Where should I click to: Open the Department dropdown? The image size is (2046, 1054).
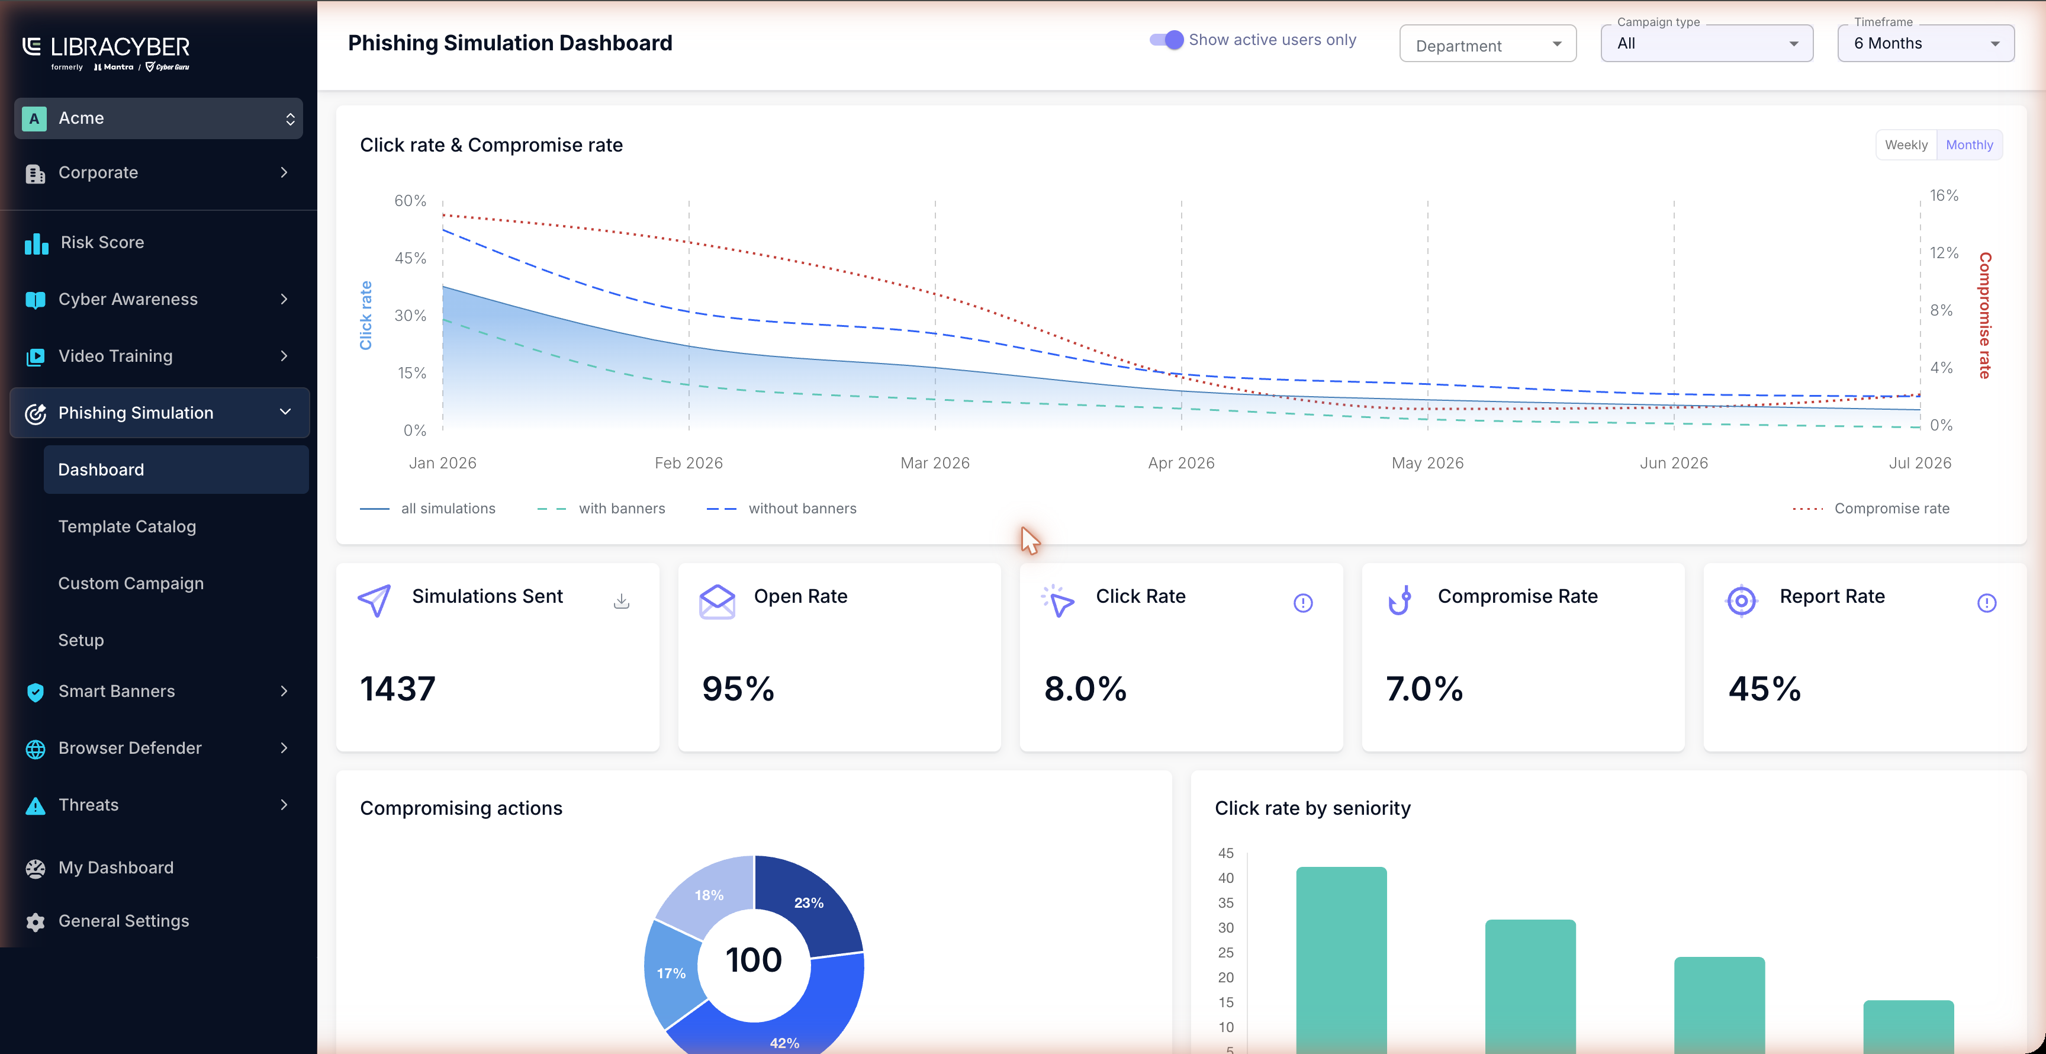pyautogui.click(x=1488, y=44)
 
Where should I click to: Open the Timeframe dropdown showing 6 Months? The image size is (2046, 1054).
pyautogui.click(x=1925, y=44)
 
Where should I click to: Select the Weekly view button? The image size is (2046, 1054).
pyautogui.click(x=1906, y=144)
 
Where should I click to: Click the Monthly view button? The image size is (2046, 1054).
pyautogui.click(x=1969, y=144)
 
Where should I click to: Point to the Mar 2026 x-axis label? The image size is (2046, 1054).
pyautogui.click(x=935, y=463)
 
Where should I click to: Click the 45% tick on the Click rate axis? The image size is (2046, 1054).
pyautogui.click(x=411, y=258)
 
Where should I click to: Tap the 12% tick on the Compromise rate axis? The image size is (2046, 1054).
pyautogui.click(x=1944, y=253)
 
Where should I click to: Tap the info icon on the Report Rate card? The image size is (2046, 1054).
pyautogui.click(x=1986, y=603)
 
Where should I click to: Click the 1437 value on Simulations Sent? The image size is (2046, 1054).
pyautogui.click(x=398, y=689)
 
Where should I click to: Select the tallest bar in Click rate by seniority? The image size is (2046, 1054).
pyautogui.click(x=1342, y=959)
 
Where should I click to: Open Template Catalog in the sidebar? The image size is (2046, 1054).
pyautogui.click(x=127, y=526)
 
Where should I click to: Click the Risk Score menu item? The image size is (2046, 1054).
pyautogui.click(x=102, y=242)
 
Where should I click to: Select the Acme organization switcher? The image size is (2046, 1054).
pyautogui.click(x=159, y=118)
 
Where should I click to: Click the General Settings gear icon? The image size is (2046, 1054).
pyautogui.click(x=35, y=921)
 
